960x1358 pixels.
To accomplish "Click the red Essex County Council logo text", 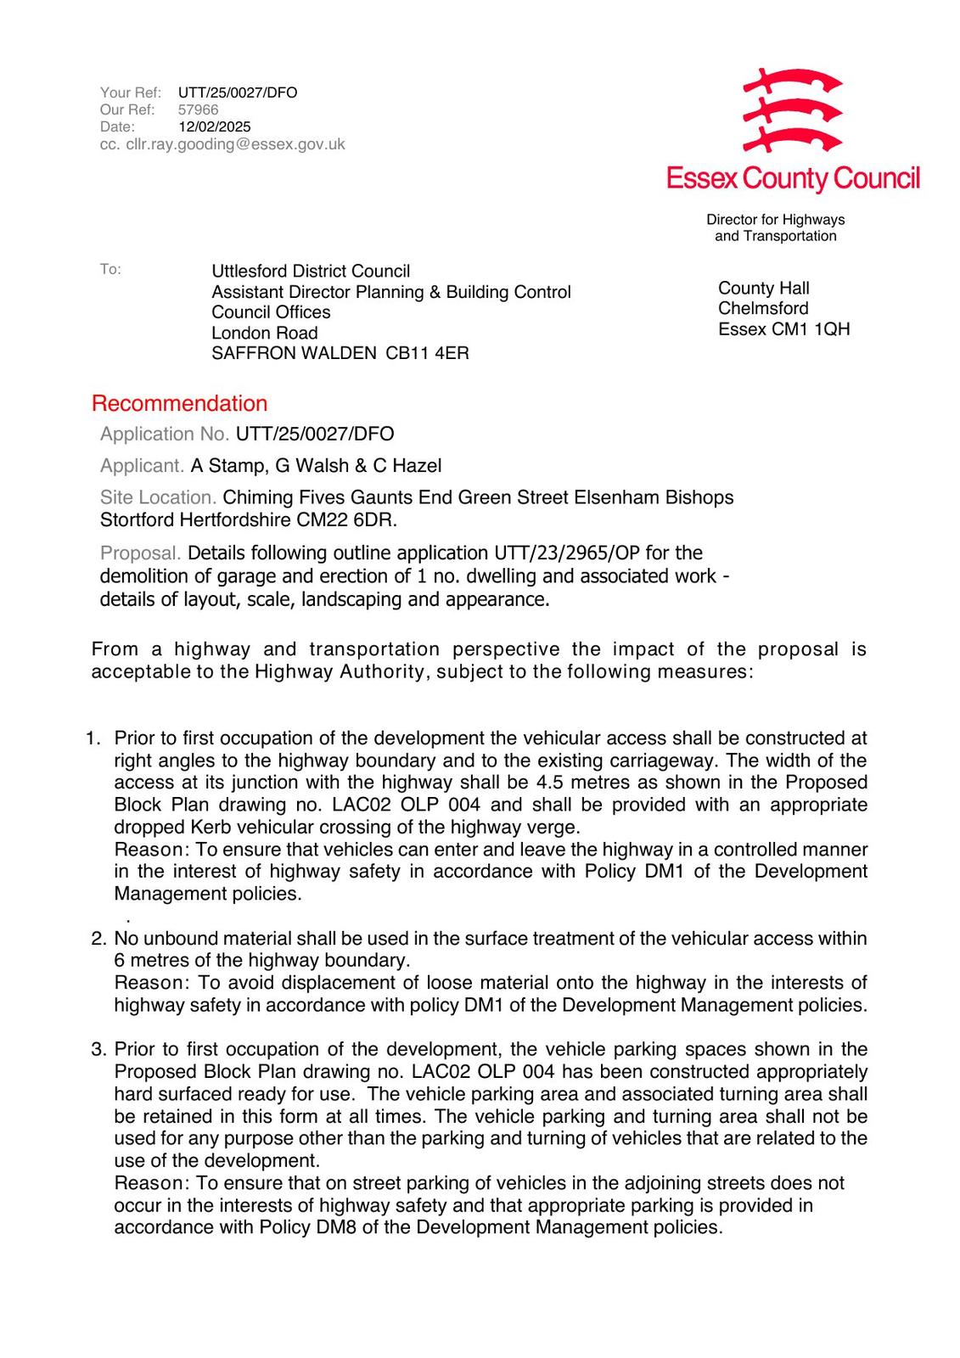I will [x=793, y=179].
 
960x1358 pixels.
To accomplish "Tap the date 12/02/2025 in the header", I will [x=215, y=127].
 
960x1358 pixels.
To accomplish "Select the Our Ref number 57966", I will [x=199, y=110].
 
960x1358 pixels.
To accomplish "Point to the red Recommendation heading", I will [x=179, y=403].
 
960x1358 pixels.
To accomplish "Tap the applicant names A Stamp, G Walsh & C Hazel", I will [x=316, y=466].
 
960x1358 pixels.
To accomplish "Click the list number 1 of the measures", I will [x=93, y=738].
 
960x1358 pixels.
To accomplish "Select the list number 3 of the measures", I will [x=98, y=1050].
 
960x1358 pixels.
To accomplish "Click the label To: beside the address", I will [x=110, y=270].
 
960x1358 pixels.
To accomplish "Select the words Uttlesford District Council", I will [x=311, y=272].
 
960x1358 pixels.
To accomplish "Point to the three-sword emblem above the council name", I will [x=791, y=110].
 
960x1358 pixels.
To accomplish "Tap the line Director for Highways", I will [x=775, y=220].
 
